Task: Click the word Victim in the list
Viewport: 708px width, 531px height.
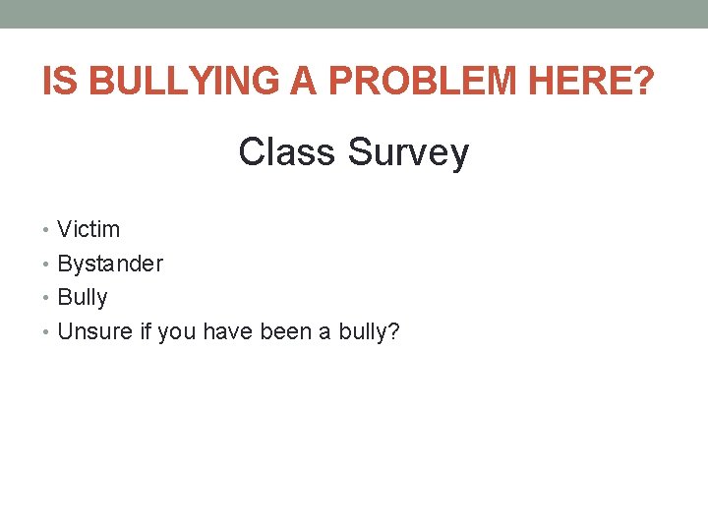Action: pos(88,230)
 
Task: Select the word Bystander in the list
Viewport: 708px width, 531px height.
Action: pos(110,265)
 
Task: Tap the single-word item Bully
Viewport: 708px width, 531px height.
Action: pos(83,298)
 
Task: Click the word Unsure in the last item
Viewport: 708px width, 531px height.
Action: pos(94,331)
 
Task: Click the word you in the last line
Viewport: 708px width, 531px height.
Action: pos(176,332)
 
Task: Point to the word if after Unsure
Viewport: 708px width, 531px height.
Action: pos(145,331)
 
